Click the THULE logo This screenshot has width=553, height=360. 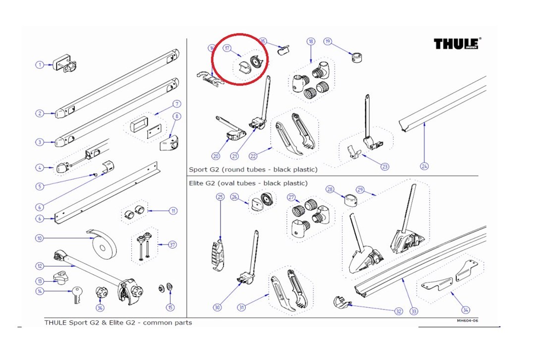coord(457,44)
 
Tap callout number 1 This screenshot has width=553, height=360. coord(39,64)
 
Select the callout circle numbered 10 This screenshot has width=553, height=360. coord(39,239)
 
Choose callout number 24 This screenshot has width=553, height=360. coord(424,166)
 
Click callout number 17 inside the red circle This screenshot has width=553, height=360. coord(227,48)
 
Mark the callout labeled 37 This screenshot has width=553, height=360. coord(172,244)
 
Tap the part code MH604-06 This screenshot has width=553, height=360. coord(467,320)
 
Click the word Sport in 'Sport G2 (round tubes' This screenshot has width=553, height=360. coord(198,170)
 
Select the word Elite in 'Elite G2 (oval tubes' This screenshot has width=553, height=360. coord(198,183)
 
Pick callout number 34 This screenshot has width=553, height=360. coord(465,310)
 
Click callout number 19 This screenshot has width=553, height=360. coord(328,41)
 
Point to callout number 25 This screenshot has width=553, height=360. coord(221,197)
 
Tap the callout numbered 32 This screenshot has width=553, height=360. coord(398,311)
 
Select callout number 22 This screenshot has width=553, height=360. coord(253,156)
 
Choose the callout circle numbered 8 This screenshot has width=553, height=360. coord(177,117)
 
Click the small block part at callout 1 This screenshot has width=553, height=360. coord(65,63)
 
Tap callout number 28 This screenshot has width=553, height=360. coord(330,189)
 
